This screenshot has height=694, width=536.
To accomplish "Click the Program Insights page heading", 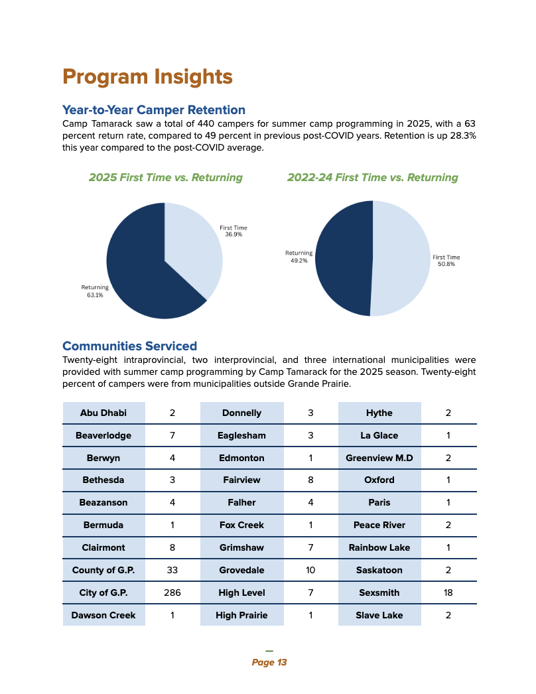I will tap(147, 77).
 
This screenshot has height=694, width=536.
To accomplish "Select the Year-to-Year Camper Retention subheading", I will tap(153, 110).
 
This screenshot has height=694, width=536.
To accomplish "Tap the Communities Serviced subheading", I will tap(129, 346).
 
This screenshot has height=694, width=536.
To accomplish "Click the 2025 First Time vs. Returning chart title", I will tap(165, 178).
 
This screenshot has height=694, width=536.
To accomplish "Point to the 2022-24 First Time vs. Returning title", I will tap(372, 178).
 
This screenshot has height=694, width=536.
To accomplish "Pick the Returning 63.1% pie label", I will tap(95, 291).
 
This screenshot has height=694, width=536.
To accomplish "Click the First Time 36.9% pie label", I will tap(234, 231).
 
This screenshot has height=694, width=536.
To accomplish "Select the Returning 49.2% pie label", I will tap(299, 257).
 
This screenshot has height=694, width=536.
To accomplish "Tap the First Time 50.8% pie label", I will tap(446, 260).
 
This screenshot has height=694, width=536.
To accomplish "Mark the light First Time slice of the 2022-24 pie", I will tap(401, 259).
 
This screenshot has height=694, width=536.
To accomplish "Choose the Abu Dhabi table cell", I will tap(103, 413).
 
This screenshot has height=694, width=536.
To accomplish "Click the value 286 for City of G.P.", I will tap(172, 592).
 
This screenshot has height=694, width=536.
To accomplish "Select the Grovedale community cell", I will tap(241, 570).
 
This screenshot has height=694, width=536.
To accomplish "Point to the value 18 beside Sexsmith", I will tap(448, 592).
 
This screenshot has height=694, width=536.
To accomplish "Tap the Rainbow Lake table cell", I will tap(379, 547).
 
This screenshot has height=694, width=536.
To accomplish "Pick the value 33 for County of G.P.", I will tap(172, 570).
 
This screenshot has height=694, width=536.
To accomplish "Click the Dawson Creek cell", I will tap(103, 615).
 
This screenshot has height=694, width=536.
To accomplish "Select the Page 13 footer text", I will tap(269, 662).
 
